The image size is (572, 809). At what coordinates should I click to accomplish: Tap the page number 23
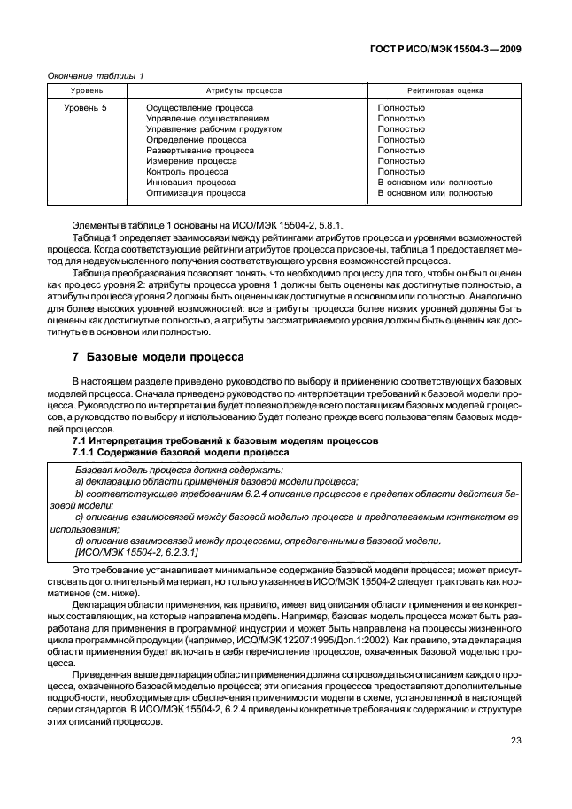515,743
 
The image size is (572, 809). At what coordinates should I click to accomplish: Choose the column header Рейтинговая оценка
444,90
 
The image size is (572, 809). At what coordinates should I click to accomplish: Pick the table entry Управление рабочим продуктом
214,129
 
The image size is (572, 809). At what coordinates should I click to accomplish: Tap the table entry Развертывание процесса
199,151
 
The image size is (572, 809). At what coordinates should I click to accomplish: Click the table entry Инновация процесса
190,182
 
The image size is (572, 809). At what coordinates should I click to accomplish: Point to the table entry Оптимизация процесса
196,192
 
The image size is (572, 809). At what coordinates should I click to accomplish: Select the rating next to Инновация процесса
435,182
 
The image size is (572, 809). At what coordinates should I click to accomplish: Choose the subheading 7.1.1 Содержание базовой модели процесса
179,452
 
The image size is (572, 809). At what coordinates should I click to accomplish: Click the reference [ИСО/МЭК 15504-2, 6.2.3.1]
137,552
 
